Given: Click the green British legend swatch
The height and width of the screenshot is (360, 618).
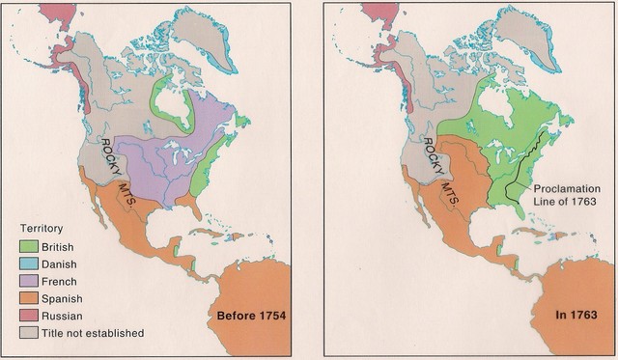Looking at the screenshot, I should click(x=30, y=247).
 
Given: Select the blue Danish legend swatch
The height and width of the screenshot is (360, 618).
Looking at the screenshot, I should click(x=30, y=264).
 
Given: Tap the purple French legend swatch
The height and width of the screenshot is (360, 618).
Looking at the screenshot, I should click(x=30, y=282).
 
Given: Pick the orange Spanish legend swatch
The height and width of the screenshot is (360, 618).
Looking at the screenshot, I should click(x=30, y=298).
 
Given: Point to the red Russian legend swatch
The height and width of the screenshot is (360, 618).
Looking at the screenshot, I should click(x=30, y=316).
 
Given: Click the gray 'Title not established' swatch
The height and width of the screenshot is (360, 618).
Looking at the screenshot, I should click(x=30, y=333).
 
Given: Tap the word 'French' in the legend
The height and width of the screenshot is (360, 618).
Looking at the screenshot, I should click(x=66, y=282).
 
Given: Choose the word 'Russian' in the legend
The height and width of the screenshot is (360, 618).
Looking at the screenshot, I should click(x=69, y=316).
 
